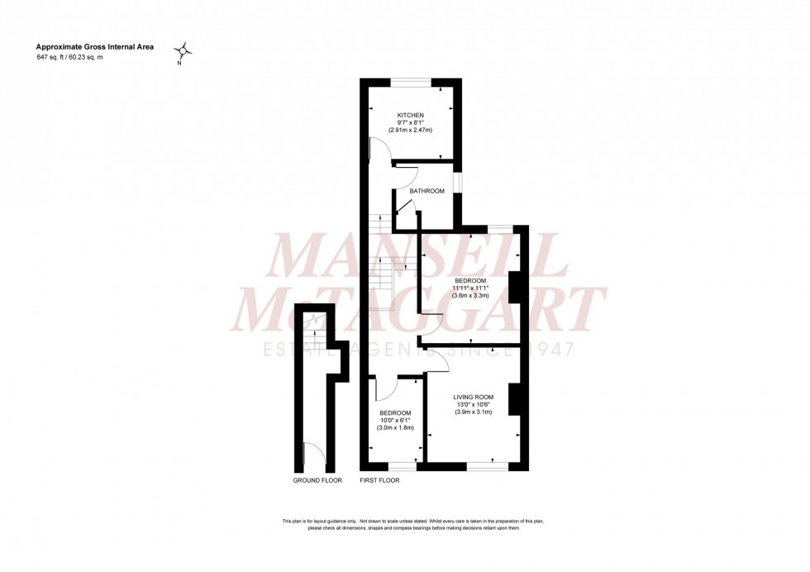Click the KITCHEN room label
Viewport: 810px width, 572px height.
point(411,115)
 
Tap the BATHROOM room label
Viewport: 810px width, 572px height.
point(427,191)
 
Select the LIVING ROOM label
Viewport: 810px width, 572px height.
point(473,397)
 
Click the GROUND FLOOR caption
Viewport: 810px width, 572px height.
point(317,480)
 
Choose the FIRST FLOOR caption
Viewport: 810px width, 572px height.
point(379,480)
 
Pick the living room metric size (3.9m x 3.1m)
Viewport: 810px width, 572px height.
point(473,412)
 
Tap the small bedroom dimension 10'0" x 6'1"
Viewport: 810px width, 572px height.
point(395,421)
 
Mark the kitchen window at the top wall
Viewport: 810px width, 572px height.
point(411,81)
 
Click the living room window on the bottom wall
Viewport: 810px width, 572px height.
point(488,466)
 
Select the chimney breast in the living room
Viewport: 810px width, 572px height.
point(515,398)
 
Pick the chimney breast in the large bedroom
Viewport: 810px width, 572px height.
point(515,287)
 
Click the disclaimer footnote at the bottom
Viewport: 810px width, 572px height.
point(413,525)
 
